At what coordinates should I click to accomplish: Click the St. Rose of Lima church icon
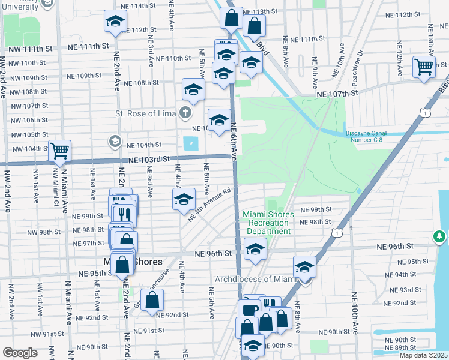(186, 112)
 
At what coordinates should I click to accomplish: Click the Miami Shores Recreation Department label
(268, 223)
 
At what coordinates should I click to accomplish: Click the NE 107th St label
(337, 94)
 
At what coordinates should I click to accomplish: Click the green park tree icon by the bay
(440, 237)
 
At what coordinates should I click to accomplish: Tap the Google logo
(20, 353)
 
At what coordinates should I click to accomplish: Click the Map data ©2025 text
(423, 355)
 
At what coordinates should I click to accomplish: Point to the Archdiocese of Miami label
(256, 279)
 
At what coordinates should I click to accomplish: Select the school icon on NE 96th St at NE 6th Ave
(255, 248)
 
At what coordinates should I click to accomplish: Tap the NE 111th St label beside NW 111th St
(88, 46)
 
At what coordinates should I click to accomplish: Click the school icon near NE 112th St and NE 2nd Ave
(115, 22)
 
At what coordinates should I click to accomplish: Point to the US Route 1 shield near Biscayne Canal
(425, 112)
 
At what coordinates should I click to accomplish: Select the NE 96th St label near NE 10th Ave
(395, 247)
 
